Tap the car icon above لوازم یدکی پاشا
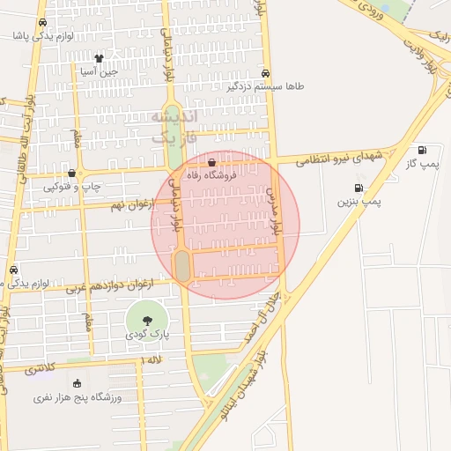[42, 23]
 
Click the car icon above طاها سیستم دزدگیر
[266, 74]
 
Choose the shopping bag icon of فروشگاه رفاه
[211, 162]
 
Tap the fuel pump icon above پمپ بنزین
[359, 188]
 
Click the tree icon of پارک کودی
[145, 321]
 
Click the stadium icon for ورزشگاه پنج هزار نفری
[78, 383]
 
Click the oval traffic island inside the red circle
[182, 266]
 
